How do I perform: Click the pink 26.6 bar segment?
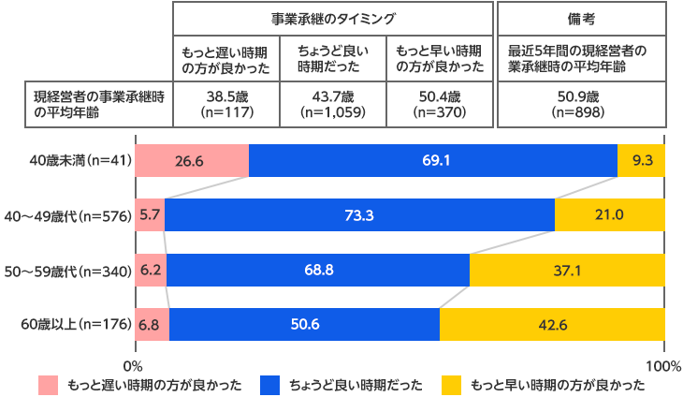(192, 160)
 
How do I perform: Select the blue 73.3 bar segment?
(359, 215)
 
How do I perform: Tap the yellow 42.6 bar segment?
(552, 325)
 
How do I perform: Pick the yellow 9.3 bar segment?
(642, 160)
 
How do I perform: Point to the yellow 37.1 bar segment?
(567, 271)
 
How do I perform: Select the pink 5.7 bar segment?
(150, 215)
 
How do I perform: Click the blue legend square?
(269, 385)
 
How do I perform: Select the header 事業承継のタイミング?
(334, 18)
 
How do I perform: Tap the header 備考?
(581, 18)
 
